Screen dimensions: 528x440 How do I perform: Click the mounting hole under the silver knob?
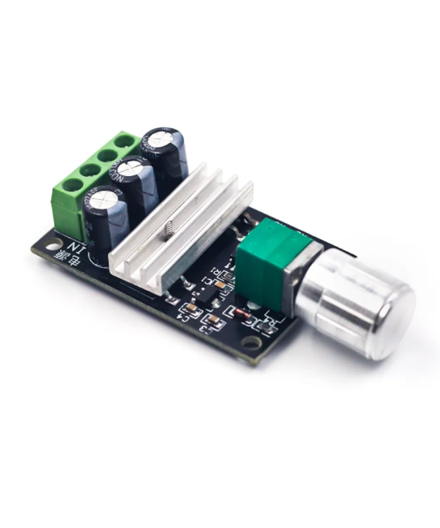[253, 344]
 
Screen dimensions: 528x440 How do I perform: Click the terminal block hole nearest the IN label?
[69, 186]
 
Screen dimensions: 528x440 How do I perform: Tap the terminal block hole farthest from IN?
[122, 142]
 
